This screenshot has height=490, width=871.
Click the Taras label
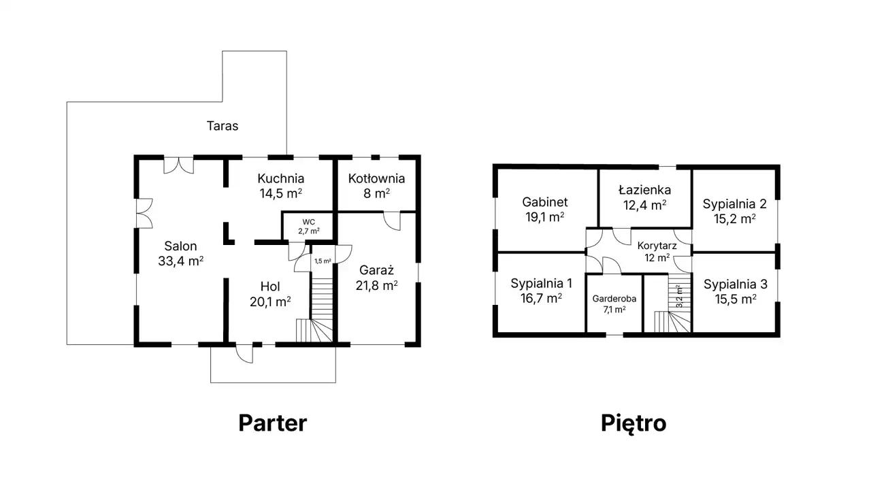[x=222, y=126]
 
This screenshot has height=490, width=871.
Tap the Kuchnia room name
[x=281, y=178]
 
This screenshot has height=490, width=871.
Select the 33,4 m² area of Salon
[x=181, y=261]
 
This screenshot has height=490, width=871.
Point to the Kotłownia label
[x=376, y=178]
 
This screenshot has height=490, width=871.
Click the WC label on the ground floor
[x=309, y=222]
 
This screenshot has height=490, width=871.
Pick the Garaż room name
[x=376, y=270]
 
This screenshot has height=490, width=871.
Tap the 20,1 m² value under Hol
[x=270, y=301]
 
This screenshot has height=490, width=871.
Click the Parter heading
[x=273, y=423]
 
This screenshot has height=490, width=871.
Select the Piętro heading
[x=634, y=424]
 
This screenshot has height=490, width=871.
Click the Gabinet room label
[x=545, y=202]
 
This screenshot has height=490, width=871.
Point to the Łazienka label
[x=644, y=190]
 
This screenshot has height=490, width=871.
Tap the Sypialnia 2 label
[x=734, y=204]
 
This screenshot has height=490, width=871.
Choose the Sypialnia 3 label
[x=736, y=284]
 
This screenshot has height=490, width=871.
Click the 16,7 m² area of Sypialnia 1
[x=541, y=298]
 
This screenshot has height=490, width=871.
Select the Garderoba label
[x=614, y=299]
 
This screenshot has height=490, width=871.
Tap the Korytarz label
[x=657, y=246]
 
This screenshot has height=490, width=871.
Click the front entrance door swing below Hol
[x=244, y=354]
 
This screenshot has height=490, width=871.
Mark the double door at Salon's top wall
[x=178, y=165]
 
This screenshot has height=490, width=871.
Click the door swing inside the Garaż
[x=392, y=221]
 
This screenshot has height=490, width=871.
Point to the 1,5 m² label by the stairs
[x=323, y=261]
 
